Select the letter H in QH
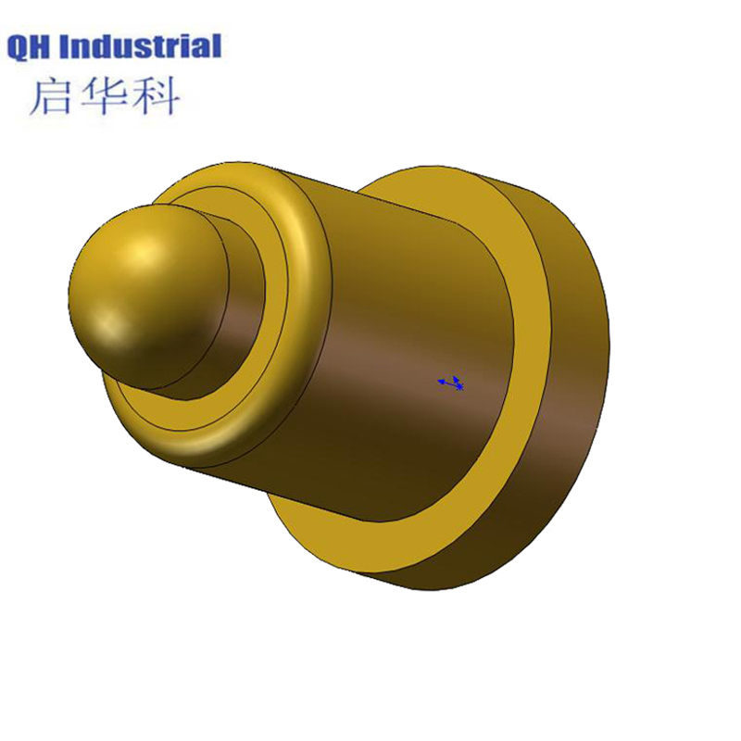pyautogui.click(x=46, y=46)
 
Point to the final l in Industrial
pyautogui.click(x=217, y=45)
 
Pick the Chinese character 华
pyautogui.click(x=104, y=96)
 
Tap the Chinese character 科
pyautogui.click(x=155, y=96)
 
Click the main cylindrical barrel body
pyautogui.click(x=408, y=306)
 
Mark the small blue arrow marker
pyautogui.click(x=451, y=382)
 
